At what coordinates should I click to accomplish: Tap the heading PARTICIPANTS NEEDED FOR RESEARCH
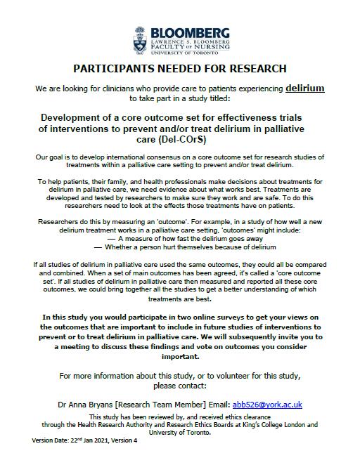coord(180,68)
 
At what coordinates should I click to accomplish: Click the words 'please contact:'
coord(180,386)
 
